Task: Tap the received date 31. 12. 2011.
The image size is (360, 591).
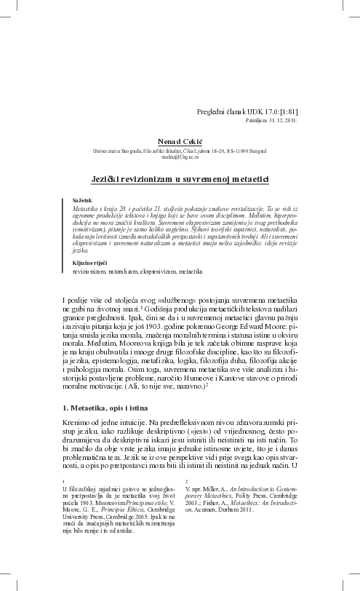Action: (x=276, y=121)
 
